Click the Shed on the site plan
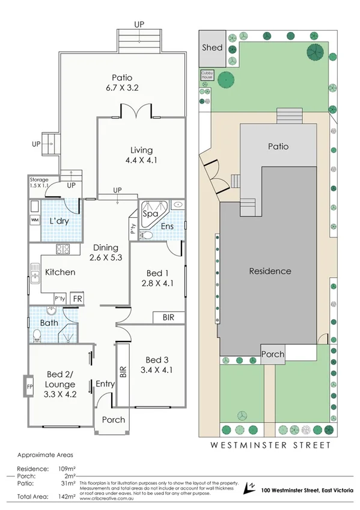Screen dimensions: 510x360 (x=212, y=48)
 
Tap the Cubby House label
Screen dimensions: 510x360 (x=207, y=76)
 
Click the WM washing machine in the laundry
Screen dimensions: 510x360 (x=34, y=220)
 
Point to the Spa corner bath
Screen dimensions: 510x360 (x=150, y=213)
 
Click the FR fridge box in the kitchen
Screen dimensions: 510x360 (x=77, y=298)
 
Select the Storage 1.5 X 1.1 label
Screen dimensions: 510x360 (x=40, y=183)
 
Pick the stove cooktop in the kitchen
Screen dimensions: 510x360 (x=64, y=249)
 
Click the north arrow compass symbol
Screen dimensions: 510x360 (x=251, y=486)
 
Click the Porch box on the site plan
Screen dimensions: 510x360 (x=273, y=354)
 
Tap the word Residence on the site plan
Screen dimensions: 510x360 (x=270, y=271)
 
